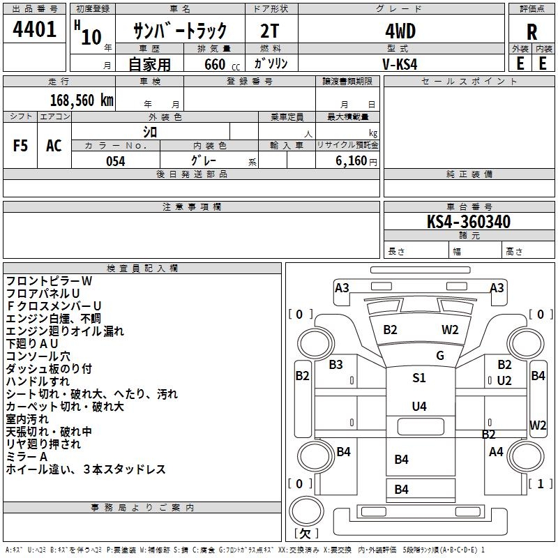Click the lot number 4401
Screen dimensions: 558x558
35,31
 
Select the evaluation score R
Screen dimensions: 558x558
531,32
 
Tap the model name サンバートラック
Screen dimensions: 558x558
181,31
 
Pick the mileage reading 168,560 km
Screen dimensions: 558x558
82,100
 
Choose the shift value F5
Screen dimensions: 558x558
21,146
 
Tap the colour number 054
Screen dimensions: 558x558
115,161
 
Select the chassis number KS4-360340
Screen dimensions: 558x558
469,222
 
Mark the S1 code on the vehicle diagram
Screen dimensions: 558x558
418,378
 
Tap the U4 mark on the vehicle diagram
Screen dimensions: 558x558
418,406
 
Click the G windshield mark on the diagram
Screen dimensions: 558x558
440,356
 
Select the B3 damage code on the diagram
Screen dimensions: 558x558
336,364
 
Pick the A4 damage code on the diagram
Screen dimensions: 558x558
496,452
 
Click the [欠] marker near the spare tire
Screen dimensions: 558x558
305,534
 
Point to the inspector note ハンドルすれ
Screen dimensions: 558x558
38,382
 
